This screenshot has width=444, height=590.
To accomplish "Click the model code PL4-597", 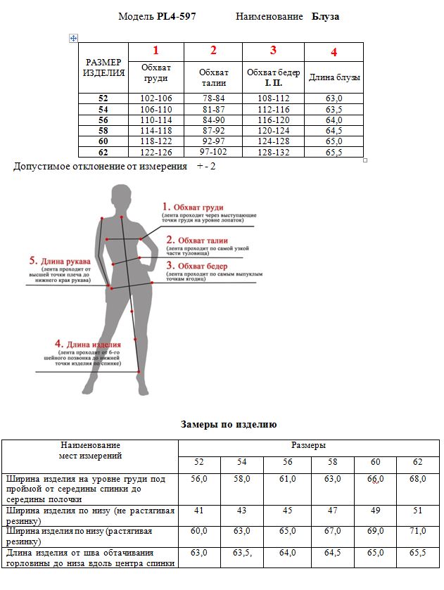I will [x=176, y=16].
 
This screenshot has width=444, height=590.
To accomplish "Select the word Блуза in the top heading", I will [x=326, y=16].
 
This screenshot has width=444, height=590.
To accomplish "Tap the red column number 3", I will [x=273, y=51].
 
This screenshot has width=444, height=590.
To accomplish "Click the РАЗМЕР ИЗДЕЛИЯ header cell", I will [x=104, y=68].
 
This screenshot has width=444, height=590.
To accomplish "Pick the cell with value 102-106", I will [x=156, y=98].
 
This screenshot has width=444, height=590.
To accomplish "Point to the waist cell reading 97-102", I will [x=213, y=152].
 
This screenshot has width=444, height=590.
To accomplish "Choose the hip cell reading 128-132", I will [x=273, y=152].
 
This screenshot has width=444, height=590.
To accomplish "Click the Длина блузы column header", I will [x=334, y=77].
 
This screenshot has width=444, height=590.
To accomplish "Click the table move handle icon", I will [x=73, y=38].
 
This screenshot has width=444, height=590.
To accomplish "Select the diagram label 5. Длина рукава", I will [x=60, y=260].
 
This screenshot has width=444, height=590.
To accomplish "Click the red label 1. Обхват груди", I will [x=193, y=207].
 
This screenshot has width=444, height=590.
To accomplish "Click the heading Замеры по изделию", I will [x=229, y=425].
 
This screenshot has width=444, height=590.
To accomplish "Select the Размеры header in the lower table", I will [x=308, y=446].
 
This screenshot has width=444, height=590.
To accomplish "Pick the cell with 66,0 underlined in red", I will [x=374, y=479].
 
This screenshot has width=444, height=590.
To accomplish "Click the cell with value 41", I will [x=199, y=510].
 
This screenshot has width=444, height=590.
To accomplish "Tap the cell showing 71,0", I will [x=417, y=532].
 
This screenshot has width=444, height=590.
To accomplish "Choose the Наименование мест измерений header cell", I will [x=90, y=451].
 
